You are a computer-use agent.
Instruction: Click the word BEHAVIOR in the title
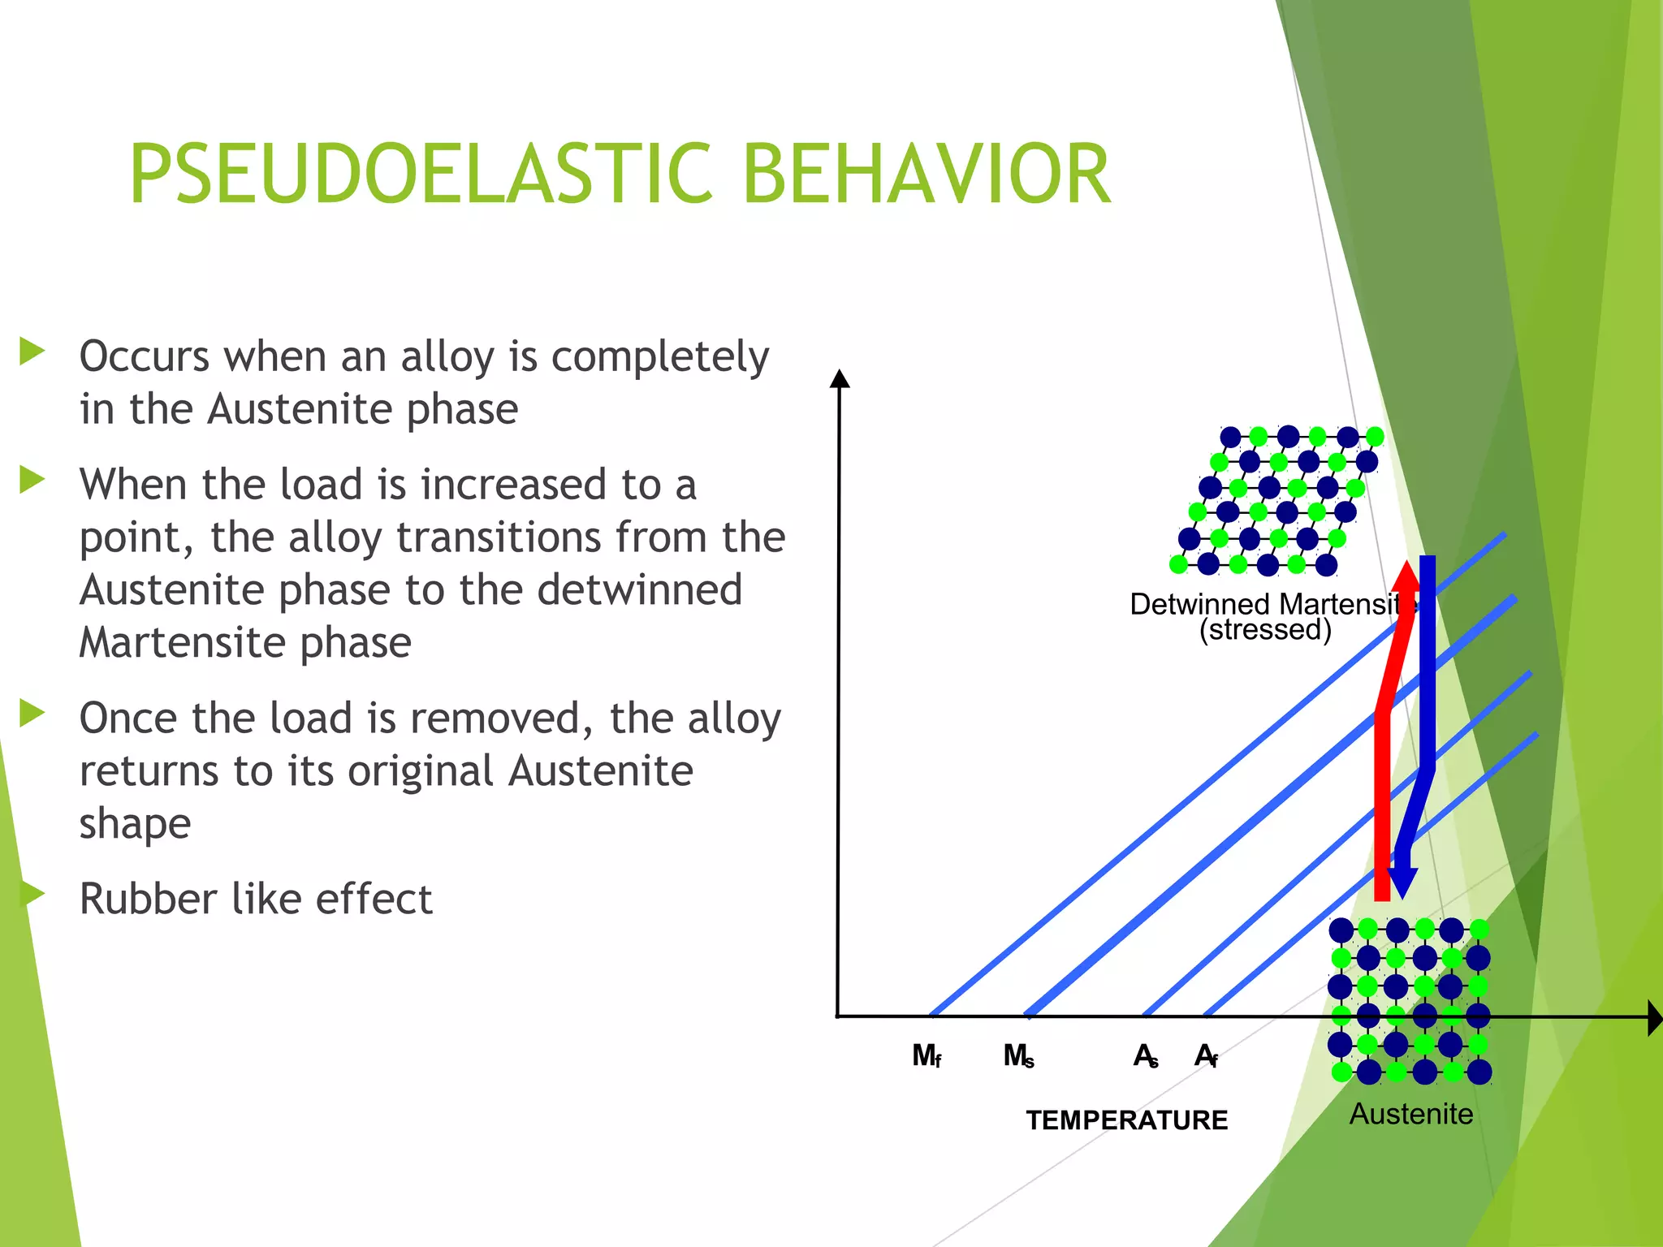click(x=926, y=174)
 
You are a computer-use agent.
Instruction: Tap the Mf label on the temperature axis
click(x=927, y=1055)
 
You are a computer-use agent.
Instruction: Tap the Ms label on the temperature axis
click(x=1018, y=1055)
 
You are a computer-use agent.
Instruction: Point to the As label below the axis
click(x=1146, y=1055)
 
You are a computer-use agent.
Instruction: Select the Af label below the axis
click(x=1206, y=1055)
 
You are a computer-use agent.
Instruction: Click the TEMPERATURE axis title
click(x=1126, y=1120)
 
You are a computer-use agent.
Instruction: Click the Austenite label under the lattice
click(x=1410, y=1114)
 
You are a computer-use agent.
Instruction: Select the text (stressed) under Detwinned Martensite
click(x=1265, y=630)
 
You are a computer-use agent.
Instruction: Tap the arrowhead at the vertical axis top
click(x=840, y=378)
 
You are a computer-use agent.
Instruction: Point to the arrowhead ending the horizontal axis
click(x=1654, y=1017)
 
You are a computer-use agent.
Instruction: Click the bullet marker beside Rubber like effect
click(x=32, y=893)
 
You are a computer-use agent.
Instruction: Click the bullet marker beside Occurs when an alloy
click(x=32, y=352)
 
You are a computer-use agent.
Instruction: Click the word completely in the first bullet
click(x=659, y=357)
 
